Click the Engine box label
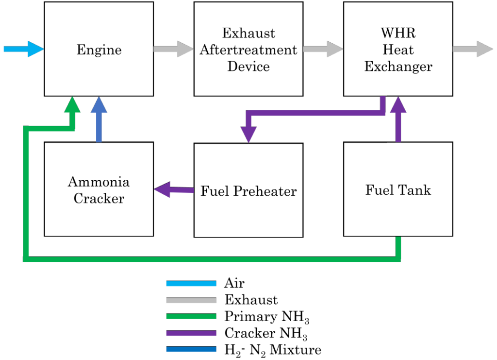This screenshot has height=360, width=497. coord(99,50)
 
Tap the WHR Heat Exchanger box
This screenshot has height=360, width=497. coord(398,49)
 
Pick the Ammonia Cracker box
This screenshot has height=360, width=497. coord(99,189)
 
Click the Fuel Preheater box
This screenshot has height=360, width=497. coord(248,190)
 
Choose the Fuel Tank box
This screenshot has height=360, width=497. coord(398,189)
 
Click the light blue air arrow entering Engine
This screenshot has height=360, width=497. coord(23,49)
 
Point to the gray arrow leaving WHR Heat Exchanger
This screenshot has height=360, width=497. coord(472,49)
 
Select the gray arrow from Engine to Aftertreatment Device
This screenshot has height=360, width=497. coord(173,49)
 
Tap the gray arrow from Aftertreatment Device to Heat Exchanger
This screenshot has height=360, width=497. coord(323,49)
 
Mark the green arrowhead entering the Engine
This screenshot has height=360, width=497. coord(73,104)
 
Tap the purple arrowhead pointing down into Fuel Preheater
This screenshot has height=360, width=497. coord(248,134)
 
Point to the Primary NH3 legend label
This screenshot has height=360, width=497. coord(266,317)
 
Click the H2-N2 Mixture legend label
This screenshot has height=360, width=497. coord(272,350)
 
